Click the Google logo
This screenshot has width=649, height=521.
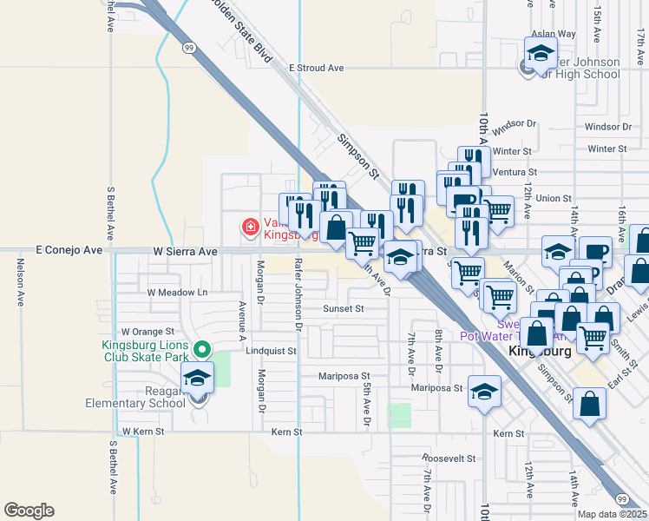29,511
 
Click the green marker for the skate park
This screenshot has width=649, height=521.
201,350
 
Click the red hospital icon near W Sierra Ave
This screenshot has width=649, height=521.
251,228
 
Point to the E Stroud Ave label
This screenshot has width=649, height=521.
317,68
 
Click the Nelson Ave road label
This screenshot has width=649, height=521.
20,287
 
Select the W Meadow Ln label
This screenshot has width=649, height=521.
178,293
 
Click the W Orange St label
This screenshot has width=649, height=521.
148,332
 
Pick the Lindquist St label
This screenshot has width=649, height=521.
271,352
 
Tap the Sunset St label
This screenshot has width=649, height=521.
344,308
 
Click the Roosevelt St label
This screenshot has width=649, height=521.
449,458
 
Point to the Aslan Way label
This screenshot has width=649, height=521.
554,34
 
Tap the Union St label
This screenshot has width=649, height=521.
554,198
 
